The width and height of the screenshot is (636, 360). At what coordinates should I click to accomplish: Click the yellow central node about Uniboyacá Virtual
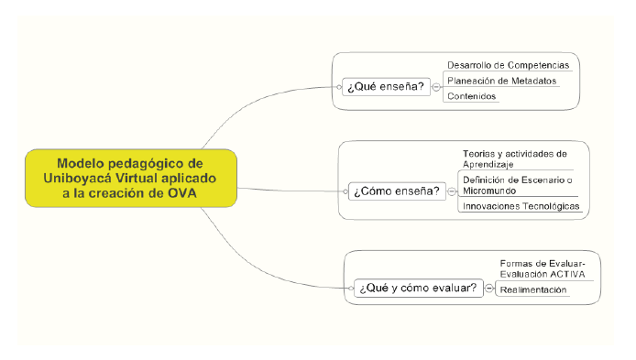pyautogui.click(x=131, y=179)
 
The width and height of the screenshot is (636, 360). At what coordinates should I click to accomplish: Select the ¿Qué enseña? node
pyautogui.click(x=385, y=87)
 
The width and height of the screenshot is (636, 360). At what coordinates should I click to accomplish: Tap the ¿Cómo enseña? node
pyautogui.click(x=395, y=191)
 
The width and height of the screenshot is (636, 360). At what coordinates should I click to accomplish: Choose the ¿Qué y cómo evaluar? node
pyautogui.click(x=417, y=289)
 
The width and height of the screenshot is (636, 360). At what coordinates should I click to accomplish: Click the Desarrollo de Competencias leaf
pyautogui.click(x=508, y=65)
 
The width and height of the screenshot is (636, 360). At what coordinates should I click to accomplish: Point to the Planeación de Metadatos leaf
pyautogui.click(x=501, y=81)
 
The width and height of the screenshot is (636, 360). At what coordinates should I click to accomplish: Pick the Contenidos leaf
pyautogui.click(x=472, y=96)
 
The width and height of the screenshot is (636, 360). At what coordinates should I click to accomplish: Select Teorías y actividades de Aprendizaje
pyautogui.click(x=515, y=158)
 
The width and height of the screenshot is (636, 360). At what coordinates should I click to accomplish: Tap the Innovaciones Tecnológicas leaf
pyautogui.click(x=521, y=207)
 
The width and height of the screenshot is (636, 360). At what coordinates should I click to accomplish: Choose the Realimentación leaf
pyautogui.click(x=532, y=289)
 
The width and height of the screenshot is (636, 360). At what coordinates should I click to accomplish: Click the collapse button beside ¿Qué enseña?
pyautogui.click(x=437, y=87)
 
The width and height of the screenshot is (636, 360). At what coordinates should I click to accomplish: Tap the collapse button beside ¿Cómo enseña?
pyautogui.click(x=451, y=191)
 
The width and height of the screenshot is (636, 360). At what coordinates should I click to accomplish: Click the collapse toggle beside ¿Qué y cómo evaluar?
pyautogui.click(x=488, y=289)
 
